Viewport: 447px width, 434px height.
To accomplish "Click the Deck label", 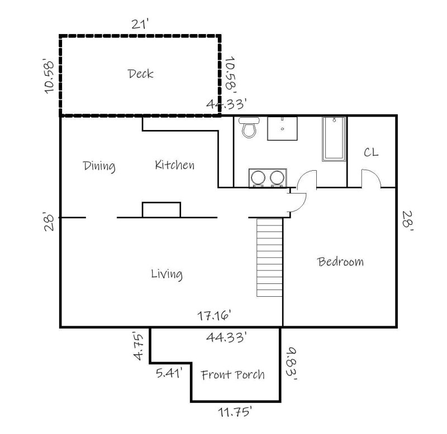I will coord(140,74).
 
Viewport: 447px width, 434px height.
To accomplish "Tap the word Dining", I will coord(99,166).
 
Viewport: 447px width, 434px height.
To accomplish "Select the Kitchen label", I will coord(174,165).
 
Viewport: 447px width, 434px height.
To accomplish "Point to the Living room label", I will coord(167,274).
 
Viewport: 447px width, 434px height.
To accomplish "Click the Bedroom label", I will coord(340,261).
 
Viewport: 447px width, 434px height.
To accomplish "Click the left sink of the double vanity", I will coord(258,178).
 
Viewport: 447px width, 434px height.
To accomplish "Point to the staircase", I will coord(269,257).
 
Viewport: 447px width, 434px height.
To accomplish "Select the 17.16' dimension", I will coord(214,316).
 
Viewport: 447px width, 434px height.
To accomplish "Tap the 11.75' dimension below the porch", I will coord(234,413).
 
